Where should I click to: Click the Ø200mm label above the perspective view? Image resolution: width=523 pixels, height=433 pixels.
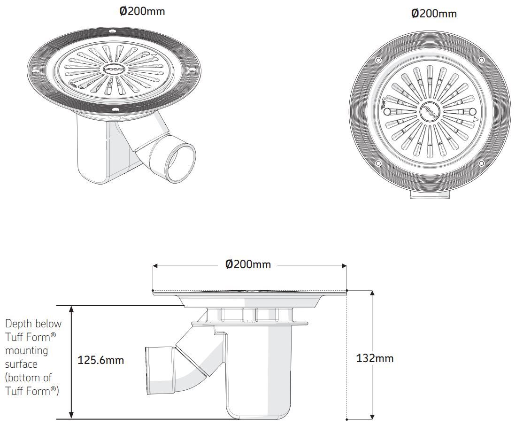[x=142, y=11]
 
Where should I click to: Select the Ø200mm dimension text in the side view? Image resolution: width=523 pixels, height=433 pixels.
[x=248, y=264]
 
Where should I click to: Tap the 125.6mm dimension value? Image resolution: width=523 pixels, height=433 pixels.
[x=100, y=360]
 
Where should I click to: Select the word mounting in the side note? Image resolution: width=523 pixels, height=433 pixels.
[x=26, y=350]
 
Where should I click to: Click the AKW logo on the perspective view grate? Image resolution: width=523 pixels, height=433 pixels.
[x=112, y=70]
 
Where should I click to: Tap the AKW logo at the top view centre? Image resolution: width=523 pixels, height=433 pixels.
[x=430, y=112]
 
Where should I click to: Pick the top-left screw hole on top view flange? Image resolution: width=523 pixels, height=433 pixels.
[x=378, y=60]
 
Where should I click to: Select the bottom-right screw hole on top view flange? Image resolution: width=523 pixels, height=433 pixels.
[x=481, y=163]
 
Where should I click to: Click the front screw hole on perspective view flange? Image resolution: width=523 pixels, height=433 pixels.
[x=115, y=109]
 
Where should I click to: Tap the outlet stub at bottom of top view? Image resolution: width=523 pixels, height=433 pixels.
[x=430, y=195]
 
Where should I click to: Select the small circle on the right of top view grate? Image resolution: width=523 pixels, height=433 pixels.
[x=472, y=111]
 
